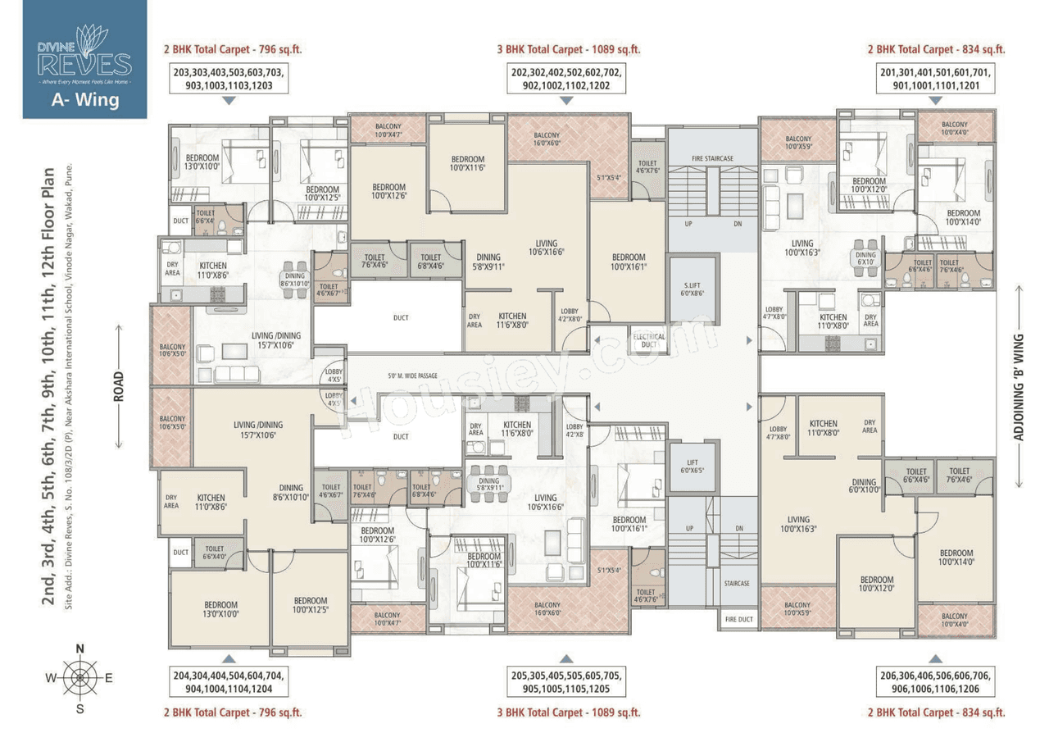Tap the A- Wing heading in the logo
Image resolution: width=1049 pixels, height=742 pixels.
coord(84,100)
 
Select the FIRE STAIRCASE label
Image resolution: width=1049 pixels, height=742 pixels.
coord(711,157)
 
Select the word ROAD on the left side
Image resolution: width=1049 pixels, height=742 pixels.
coord(120,386)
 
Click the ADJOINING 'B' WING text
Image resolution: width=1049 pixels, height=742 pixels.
coord(1019,387)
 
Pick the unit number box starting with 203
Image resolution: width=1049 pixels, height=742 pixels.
coord(229,79)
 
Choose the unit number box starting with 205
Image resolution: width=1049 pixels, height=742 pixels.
coord(565,682)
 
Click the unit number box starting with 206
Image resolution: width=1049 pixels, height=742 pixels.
coord(935,682)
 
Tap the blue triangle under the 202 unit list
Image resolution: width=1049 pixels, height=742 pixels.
coord(565,100)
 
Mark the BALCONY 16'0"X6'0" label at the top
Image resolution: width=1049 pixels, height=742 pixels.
coord(547,139)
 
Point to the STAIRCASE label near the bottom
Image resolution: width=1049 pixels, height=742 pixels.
coord(736,583)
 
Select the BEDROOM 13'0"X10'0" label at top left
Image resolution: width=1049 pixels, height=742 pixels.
coord(202,162)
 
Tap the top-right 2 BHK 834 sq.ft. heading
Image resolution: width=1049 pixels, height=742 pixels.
coord(936,49)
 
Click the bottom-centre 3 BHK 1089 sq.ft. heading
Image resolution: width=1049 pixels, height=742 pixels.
coord(565,712)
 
